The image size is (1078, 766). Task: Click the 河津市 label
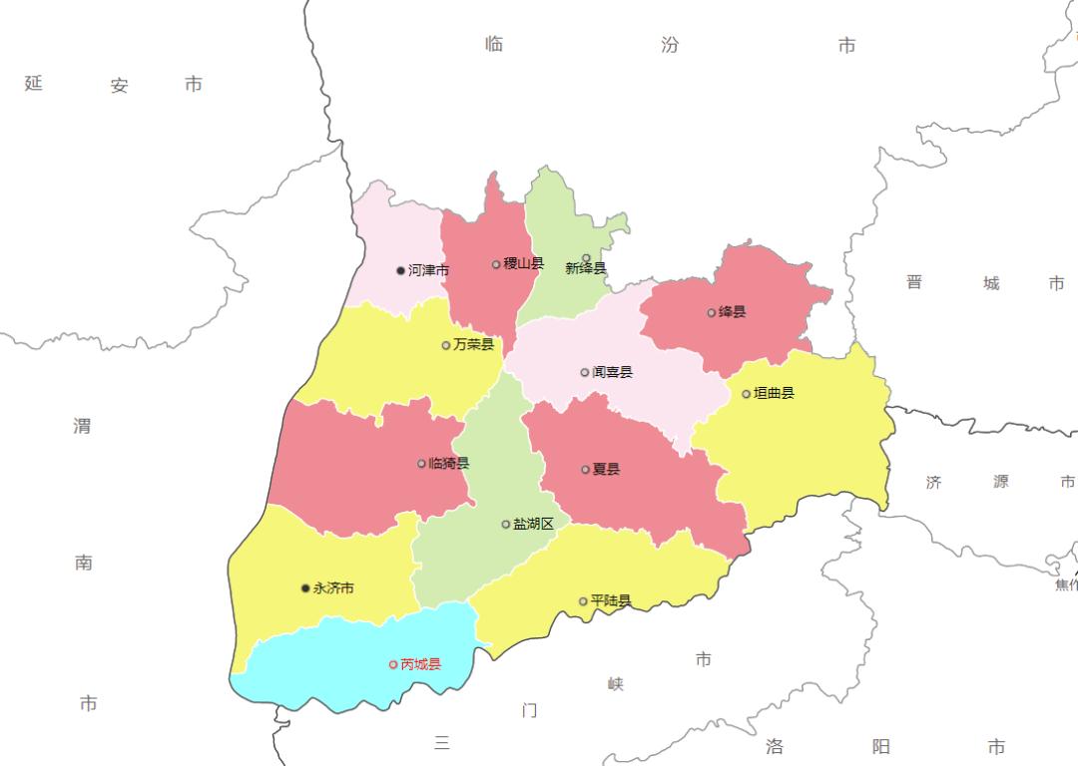429,270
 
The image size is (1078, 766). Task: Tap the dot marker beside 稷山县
496,264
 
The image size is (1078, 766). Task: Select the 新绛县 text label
586,268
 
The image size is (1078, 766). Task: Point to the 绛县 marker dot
712,312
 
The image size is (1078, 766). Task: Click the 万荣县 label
474,345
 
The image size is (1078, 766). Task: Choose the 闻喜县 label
613,372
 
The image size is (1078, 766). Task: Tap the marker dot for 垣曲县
747,394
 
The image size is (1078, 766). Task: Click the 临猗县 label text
449,464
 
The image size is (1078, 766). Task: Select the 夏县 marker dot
586,470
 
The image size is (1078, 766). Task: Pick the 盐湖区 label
534,524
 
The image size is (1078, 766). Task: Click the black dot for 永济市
305,588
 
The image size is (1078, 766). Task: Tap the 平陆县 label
611,601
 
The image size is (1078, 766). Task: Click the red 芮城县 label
421,664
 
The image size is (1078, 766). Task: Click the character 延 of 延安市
34,83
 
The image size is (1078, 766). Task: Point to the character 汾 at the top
670,45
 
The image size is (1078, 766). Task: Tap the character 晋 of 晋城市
914,282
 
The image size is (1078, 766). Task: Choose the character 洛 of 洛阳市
776,746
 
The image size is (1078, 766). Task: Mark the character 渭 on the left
82,426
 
